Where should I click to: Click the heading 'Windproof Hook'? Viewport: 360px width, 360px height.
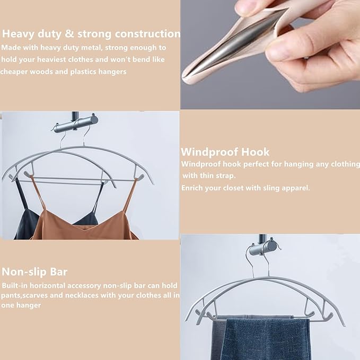point(225,152)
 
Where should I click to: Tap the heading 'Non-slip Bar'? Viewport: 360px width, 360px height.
point(34,272)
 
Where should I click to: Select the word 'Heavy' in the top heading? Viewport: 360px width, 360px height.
point(20,34)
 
